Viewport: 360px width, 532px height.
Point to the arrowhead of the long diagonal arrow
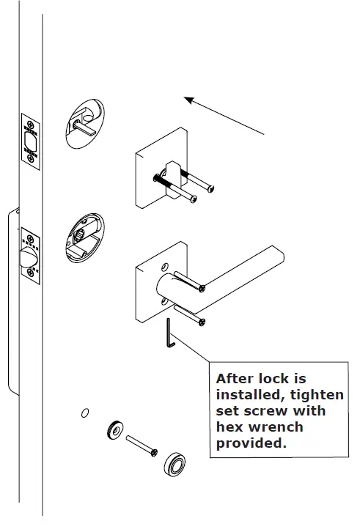[x=188, y=100]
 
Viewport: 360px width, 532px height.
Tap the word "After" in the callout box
[x=233, y=379]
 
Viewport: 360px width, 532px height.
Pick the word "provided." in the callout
[x=249, y=443]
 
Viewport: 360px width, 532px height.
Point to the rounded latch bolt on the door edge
[x=26, y=259]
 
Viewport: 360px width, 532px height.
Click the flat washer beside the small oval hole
[x=115, y=429]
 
